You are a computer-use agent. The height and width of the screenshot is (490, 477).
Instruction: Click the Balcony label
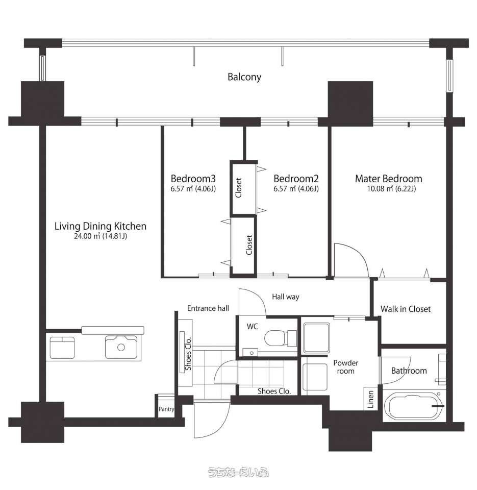[244, 77]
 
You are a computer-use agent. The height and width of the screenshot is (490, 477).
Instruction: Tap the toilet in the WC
[280, 338]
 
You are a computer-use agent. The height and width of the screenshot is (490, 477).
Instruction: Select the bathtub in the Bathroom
[412, 406]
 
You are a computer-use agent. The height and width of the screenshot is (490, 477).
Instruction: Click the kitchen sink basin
[121, 347]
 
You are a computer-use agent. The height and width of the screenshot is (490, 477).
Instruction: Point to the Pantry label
[166, 409]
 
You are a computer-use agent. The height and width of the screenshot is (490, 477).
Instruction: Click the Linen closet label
[371, 399]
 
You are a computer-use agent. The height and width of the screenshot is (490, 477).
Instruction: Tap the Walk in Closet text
[406, 309]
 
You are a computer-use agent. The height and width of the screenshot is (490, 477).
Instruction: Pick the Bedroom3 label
[193, 179]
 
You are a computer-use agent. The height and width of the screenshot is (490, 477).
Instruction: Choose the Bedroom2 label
[296, 179]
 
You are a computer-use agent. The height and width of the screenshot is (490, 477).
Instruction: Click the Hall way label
[286, 297]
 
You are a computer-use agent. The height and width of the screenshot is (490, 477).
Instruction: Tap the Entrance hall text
[208, 308]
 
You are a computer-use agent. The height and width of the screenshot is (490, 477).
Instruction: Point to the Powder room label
[345, 367]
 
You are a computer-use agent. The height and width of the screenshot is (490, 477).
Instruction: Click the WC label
[253, 327]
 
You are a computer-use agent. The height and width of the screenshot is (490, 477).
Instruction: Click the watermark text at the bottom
[238, 472]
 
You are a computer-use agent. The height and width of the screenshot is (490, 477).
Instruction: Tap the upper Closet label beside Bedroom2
[239, 188]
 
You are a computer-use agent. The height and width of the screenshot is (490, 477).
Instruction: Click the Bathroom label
[409, 371]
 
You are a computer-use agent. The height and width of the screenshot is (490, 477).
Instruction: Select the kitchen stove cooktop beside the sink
[62, 348]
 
